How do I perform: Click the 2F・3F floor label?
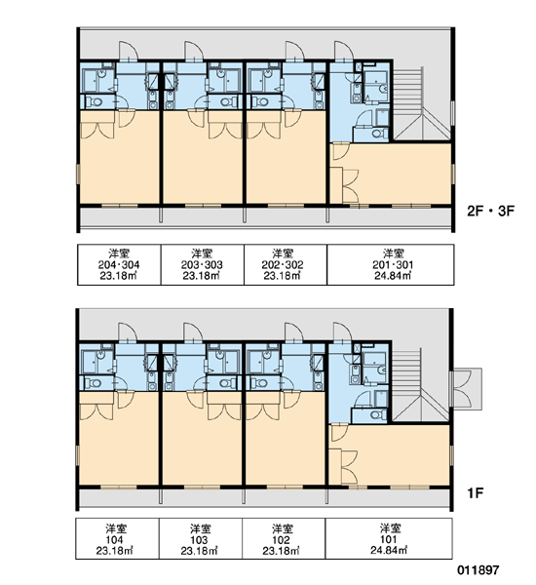(x=490, y=212)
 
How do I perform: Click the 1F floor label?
(x=475, y=492)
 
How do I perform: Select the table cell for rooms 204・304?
(x=119, y=265)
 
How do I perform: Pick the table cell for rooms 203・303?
(x=202, y=265)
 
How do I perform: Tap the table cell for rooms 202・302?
(x=286, y=265)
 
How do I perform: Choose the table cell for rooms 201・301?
(x=391, y=265)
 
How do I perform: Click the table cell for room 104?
(x=118, y=538)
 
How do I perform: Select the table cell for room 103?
(x=201, y=538)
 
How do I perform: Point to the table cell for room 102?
(x=284, y=538)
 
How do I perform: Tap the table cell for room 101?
(x=389, y=538)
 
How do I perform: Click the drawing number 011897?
(x=479, y=570)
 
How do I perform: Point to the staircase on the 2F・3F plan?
(x=422, y=103)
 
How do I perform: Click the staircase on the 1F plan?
(x=421, y=385)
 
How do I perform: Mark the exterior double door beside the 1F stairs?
(x=466, y=388)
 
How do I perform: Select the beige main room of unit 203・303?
(x=203, y=164)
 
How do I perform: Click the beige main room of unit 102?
(x=285, y=446)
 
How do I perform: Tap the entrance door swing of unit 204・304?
(x=129, y=51)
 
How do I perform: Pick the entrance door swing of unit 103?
(x=193, y=332)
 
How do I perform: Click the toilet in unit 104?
(x=94, y=383)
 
